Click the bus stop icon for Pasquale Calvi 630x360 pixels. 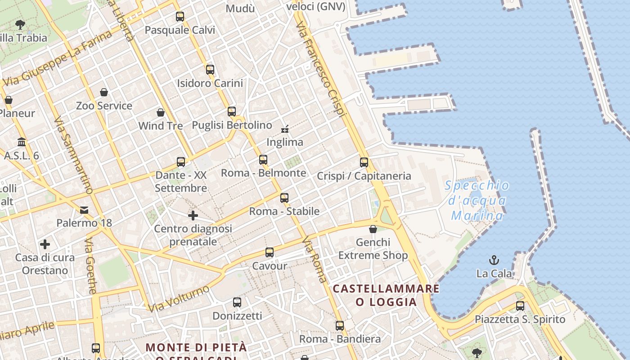(180, 17)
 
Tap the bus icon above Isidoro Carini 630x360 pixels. (210, 70)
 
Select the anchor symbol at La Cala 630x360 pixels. (494, 260)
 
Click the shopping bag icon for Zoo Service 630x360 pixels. (104, 92)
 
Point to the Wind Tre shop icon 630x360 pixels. (161, 112)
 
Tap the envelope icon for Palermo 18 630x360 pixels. (84, 210)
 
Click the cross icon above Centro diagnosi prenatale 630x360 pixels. (193, 216)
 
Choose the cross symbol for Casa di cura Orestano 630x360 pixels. (45, 244)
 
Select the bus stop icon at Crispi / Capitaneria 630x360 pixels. (364, 162)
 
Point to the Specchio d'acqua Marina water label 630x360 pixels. (477, 201)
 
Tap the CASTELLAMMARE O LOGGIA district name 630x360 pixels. (386, 295)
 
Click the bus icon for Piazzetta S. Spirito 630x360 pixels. (520, 306)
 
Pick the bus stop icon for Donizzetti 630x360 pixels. (237, 302)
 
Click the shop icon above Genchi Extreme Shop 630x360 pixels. (373, 229)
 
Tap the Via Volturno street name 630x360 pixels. (179, 298)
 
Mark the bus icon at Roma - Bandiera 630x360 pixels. (340, 325)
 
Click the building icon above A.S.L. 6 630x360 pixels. (21, 142)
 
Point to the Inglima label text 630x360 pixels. (285, 142)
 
